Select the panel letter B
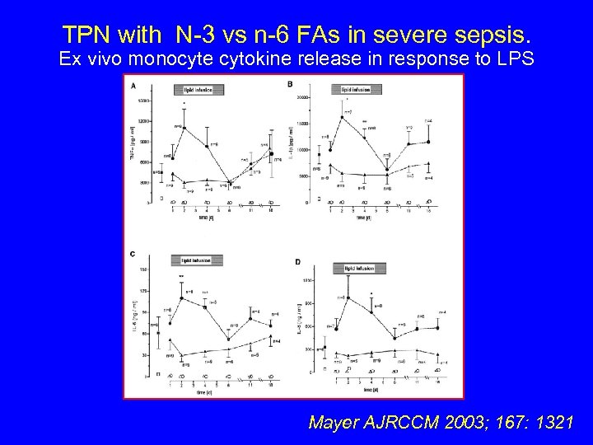pyautogui.click(x=291, y=86)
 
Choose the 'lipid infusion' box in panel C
pyautogui.click(x=191, y=260)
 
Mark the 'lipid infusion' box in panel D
pyautogui.click(x=354, y=269)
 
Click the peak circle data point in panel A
pyautogui.click(x=184, y=128)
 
